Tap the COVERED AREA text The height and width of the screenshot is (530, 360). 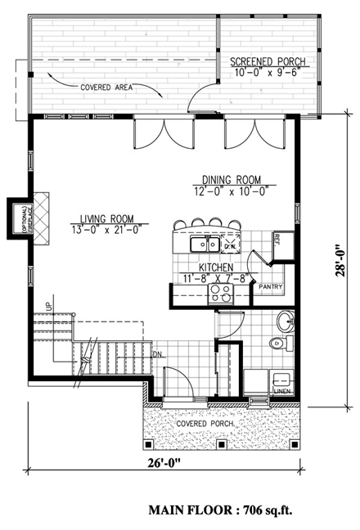107,87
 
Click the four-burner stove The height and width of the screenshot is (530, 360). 222,294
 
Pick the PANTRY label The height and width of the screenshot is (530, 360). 270,287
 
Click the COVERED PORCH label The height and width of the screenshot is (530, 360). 203,424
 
